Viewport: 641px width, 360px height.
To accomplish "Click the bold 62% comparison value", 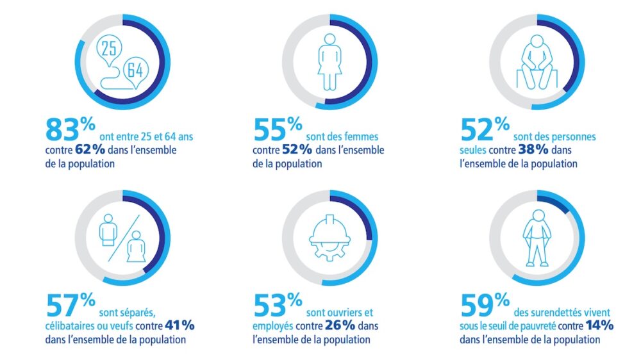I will [96, 150].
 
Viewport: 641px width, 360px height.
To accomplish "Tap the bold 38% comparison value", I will [550, 150].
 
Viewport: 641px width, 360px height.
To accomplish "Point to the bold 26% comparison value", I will [339, 325].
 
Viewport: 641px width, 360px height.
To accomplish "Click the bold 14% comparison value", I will [599, 325].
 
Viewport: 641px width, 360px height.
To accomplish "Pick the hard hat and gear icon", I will [330, 237].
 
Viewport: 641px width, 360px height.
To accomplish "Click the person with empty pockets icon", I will [538, 238].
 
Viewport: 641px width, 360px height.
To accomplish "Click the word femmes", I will [362, 136].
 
